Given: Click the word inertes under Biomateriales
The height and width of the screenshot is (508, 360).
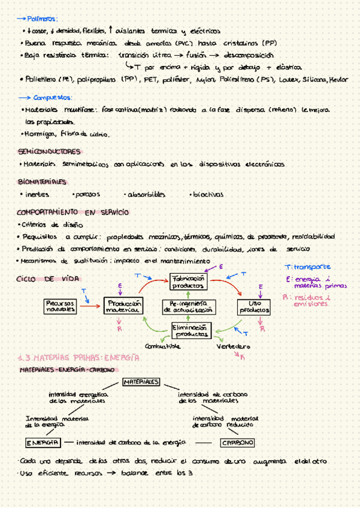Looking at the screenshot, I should pyautogui.click(x=37, y=195).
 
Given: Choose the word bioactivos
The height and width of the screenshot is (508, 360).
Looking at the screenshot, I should pyautogui.click(x=207, y=195).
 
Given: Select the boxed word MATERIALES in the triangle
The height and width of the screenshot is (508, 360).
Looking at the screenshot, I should pyautogui.click(x=141, y=382).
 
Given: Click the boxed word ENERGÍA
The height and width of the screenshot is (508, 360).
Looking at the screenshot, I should pyautogui.click(x=42, y=442).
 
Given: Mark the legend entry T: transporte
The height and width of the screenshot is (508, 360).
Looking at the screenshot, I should pyautogui.click(x=308, y=267).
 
